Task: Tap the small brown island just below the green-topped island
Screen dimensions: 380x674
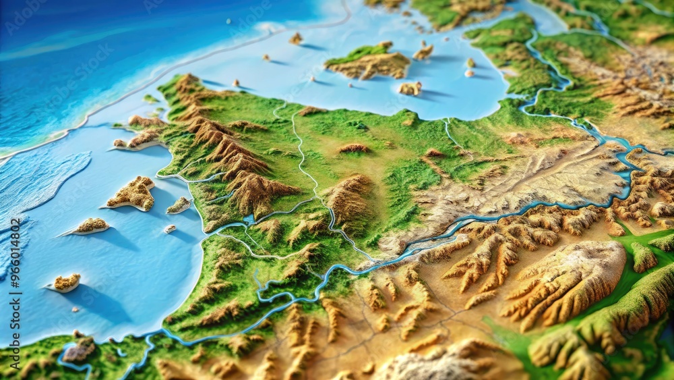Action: (410, 88)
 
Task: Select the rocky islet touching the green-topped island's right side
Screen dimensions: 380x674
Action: (423, 51)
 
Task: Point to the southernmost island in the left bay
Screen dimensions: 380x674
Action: (67, 282)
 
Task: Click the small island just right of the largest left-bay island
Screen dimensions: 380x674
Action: (179, 205)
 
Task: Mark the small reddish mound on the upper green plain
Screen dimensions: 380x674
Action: (354, 148)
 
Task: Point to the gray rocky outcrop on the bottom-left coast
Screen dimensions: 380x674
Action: (80, 350)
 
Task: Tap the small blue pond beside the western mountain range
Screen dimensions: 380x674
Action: (249, 220)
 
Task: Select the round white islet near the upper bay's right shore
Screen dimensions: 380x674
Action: (469, 73)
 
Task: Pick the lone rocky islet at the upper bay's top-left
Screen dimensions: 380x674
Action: (295, 38)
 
